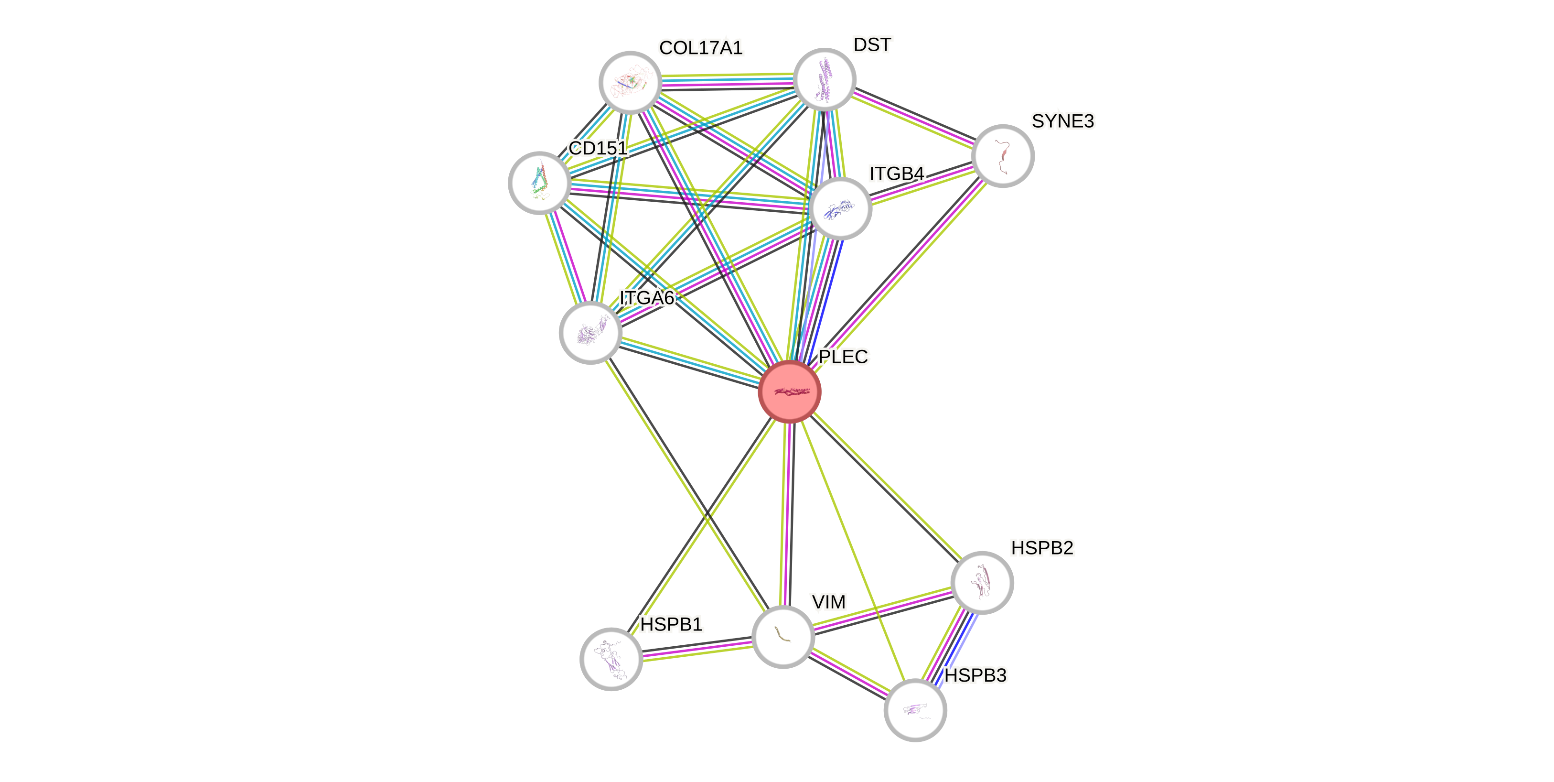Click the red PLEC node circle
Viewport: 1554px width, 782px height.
(x=789, y=391)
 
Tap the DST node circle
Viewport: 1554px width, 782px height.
(x=824, y=79)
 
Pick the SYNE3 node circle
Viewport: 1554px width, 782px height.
(x=1003, y=156)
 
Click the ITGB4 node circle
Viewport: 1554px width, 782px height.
(x=840, y=208)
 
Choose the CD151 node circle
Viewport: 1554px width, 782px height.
(x=539, y=182)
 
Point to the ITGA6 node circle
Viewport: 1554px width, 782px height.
(x=590, y=333)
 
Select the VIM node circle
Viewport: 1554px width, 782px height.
(x=783, y=636)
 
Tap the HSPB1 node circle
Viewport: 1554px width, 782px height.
(x=611, y=658)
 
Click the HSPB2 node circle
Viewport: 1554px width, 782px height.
(x=982, y=582)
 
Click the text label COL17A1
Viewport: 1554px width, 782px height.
(x=700, y=48)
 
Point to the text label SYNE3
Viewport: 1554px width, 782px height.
(x=1062, y=121)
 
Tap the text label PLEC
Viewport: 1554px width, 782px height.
(x=843, y=357)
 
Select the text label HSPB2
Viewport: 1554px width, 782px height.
(x=1042, y=548)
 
